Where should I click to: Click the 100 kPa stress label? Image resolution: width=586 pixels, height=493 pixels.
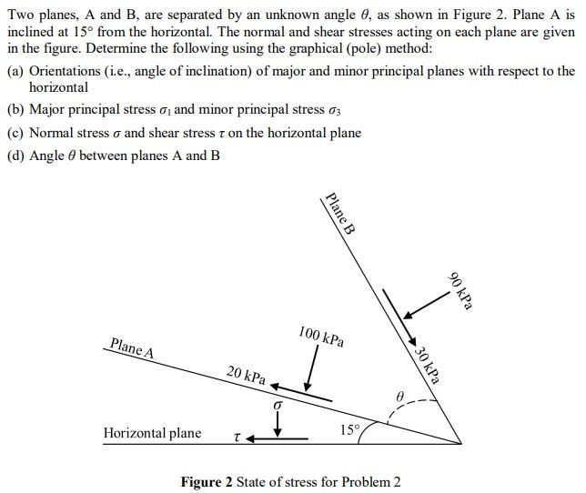tap(321, 336)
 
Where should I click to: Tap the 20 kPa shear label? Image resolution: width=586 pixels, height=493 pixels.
tap(246, 375)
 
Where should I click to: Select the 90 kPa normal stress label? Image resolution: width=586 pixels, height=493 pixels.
tap(462, 291)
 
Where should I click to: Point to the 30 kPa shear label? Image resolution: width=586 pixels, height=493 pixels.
tap(427, 365)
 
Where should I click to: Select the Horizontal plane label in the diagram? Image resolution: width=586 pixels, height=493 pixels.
tap(152, 433)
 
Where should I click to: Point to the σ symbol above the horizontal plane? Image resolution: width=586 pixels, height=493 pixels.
tap(278, 403)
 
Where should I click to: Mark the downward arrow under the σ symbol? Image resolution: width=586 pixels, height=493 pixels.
tap(278, 421)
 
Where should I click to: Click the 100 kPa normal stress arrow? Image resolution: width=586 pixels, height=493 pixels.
tap(311, 369)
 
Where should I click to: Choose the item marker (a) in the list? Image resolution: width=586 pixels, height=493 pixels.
tap(15, 71)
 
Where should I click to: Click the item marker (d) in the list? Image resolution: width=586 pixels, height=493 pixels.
tap(15, 156)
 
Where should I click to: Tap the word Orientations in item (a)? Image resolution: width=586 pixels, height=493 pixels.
tap(68, 71)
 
